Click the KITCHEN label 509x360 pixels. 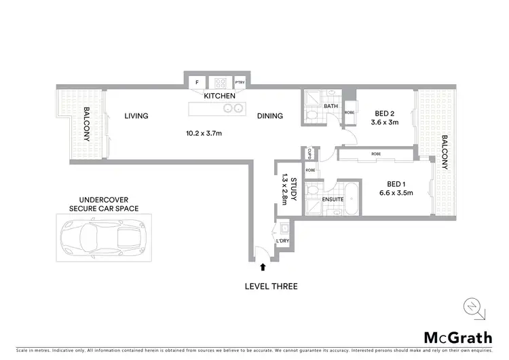pyautogui.click(x=221, y=96)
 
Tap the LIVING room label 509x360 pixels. pyautogui.click(x=136, y=116)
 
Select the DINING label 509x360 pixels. pyautogui.click(x=269, y=116)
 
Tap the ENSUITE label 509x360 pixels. pyautogui.click(x=333, y=199)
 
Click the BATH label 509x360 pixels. pyautogui.click(x=331, y=107)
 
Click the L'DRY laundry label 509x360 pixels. pyautogui.click(x=283, y=241)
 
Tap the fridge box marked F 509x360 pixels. pyautogui.click(x=197, y=82)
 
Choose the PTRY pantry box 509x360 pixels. pyautogui.click(x=240, y=82)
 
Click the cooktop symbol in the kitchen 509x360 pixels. pyautogui.click(x=219, y=82)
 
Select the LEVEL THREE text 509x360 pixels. pyautogui.click(x=271, y=286)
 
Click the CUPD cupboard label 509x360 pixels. pyautogui.click(x=309, y=153)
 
